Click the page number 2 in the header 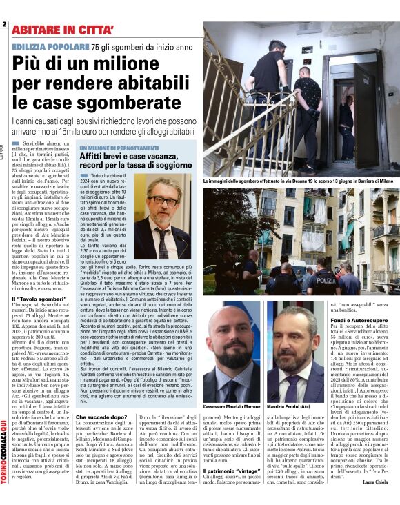5,24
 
